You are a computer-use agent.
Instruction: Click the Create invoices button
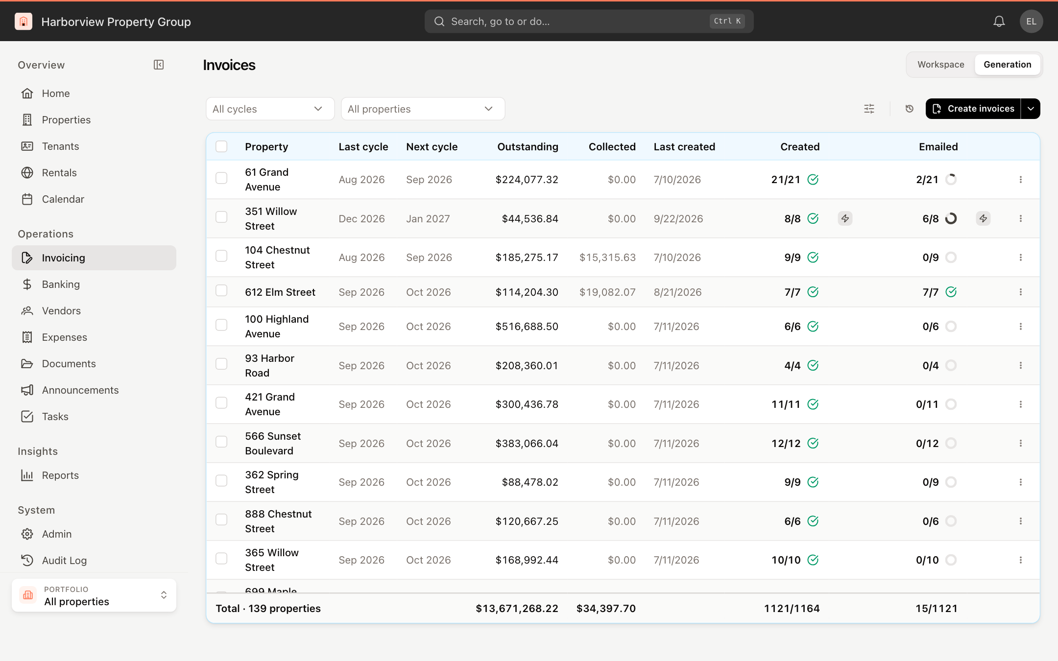973,109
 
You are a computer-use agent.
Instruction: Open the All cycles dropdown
270,109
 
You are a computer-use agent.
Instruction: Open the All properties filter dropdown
423,109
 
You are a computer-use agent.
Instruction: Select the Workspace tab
940,65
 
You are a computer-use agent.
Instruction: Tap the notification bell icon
999,22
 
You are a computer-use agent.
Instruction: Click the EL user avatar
1031,22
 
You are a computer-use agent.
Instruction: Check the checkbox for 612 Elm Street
221,291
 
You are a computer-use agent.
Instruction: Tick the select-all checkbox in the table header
221,146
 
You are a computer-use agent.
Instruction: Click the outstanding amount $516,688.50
527,327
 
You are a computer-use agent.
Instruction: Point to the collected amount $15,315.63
607,258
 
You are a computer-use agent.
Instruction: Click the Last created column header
684,147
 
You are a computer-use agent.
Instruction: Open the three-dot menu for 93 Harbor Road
1021,365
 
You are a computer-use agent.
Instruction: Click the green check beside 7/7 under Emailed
951,292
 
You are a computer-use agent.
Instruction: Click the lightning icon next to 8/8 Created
845,218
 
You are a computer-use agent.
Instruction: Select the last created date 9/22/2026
678,219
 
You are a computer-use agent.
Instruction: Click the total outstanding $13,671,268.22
517,609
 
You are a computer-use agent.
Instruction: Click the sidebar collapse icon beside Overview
159,65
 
